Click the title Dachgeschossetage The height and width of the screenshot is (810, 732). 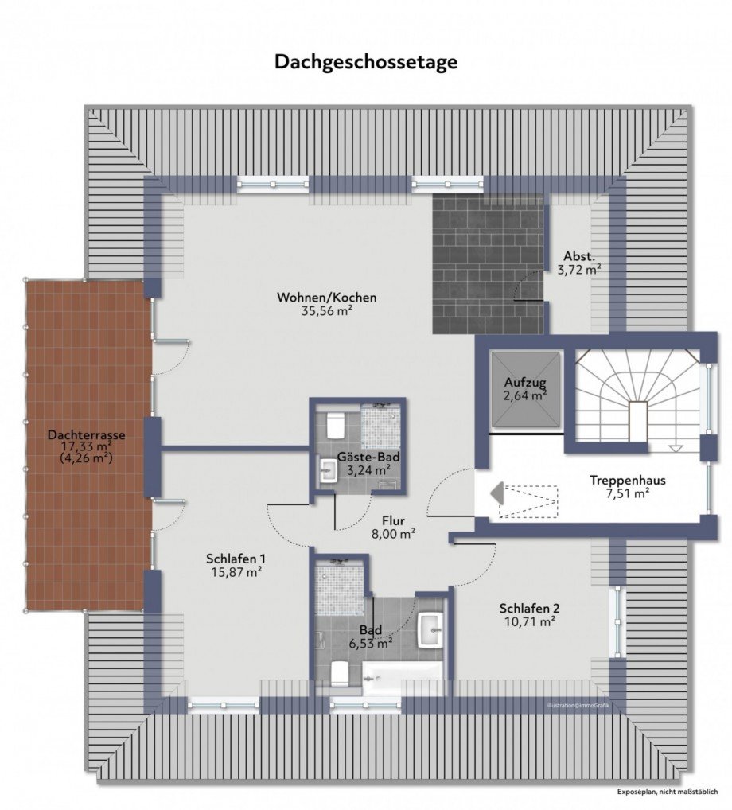[x=366, y=62]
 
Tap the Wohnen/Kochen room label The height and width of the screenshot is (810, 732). [x=326, y=298]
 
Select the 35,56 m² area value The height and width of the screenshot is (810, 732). [x=326, y=311]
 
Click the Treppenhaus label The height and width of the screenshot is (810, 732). [x=628, y=481]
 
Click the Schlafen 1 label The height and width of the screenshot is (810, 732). [x=236, y=558]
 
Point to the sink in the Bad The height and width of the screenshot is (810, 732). [x=430, y=630]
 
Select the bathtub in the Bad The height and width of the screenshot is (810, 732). [x=403, y=679]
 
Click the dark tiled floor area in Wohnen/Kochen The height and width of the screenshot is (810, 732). [x=489, y=263]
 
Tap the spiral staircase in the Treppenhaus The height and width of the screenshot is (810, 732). [x=637, y=398]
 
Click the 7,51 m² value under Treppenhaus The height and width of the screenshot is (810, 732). [x=628, y=494]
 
